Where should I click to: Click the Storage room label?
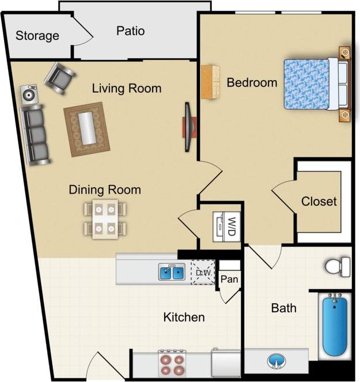pyautogui.click(x=37, y=36)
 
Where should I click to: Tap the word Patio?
pyautogui.click(x=130, y=31)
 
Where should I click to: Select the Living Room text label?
pyautogui.click(x=127, y=88)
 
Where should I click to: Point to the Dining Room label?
pyautogui.click(x=105, y=190)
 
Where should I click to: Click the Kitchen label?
pyautogui.click(x=184, y=317)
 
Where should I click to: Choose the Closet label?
pyautogui.click(x=319, y=202)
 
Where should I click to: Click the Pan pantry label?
pyautogui.click(x=229, y=280)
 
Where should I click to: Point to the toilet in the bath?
pyautogui.click(x=337, y=266)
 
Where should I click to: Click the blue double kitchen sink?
pyautogui.click(x=172, y=272)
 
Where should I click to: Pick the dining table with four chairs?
pyautogui.click(x=105, y=218)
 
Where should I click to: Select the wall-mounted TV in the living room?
pyautogui.click(x=188, y=127)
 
